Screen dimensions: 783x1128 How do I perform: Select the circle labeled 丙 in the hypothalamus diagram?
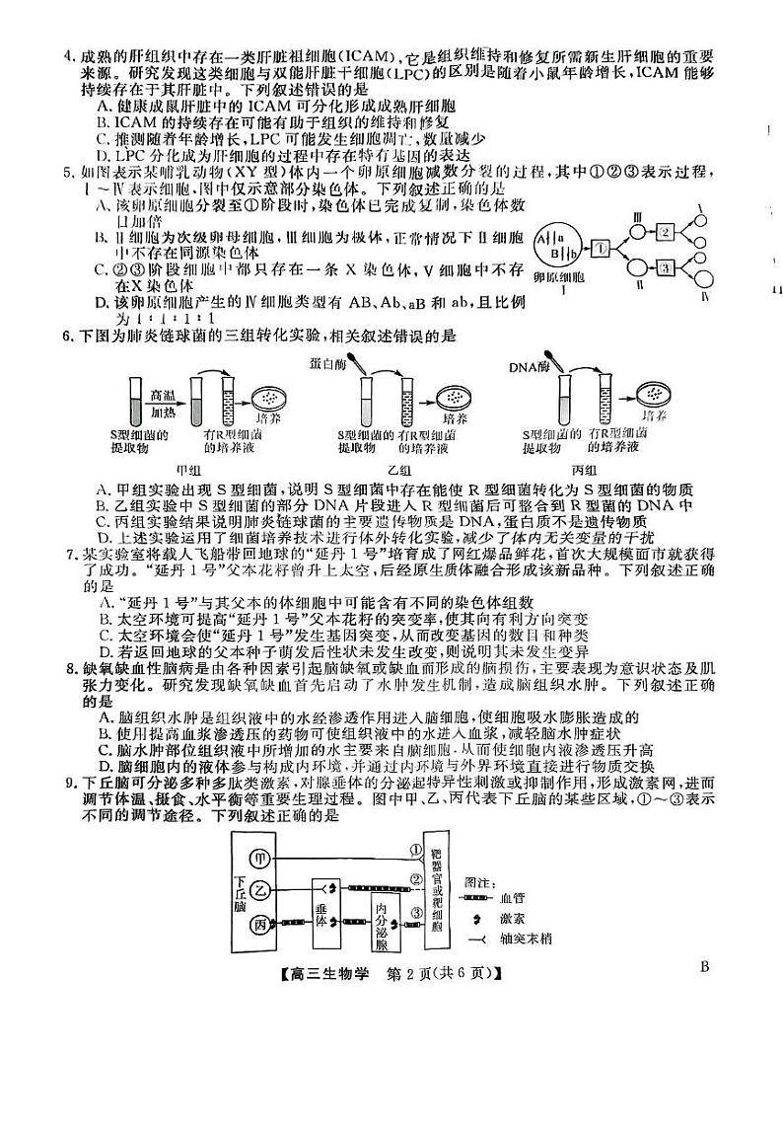tap(261, 925)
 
